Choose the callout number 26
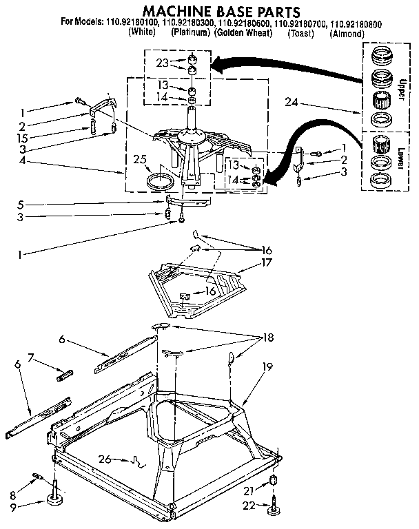click(x=105, y=459)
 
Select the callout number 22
click(x=249, y=508)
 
